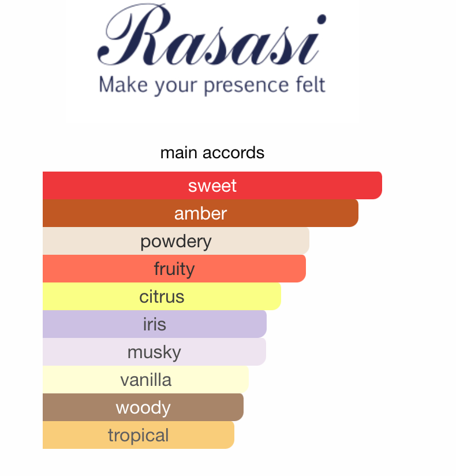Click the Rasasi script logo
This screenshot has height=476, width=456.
coord(211,35)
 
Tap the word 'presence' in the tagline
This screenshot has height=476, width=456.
coord(245,85)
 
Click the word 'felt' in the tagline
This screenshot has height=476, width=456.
coord(310,84)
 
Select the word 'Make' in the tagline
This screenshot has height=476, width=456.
coord(124,84)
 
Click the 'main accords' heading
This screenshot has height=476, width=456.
coord(212,153)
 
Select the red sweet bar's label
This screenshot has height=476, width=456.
coord(212,185)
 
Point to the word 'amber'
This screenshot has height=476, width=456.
coord(200,213)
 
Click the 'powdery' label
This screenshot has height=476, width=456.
coord(176,242)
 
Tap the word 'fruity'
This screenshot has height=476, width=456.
coord(174,269)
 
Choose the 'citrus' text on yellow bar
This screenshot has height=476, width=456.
coord(162,296)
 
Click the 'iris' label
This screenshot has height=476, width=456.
coord(155,324)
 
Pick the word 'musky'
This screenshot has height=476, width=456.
coord(154,353)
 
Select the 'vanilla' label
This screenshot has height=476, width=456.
coord(146,380)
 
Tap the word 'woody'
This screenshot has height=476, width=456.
coord(143,408)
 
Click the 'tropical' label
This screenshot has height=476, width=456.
coord(139,436)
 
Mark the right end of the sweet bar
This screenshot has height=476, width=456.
coord(382,185)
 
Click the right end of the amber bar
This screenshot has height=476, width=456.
coord(358,213)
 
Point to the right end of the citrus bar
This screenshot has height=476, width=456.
coord(281,296)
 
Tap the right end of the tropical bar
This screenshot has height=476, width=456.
coord(234,435)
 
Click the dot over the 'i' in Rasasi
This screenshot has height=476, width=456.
coord(322,19)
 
